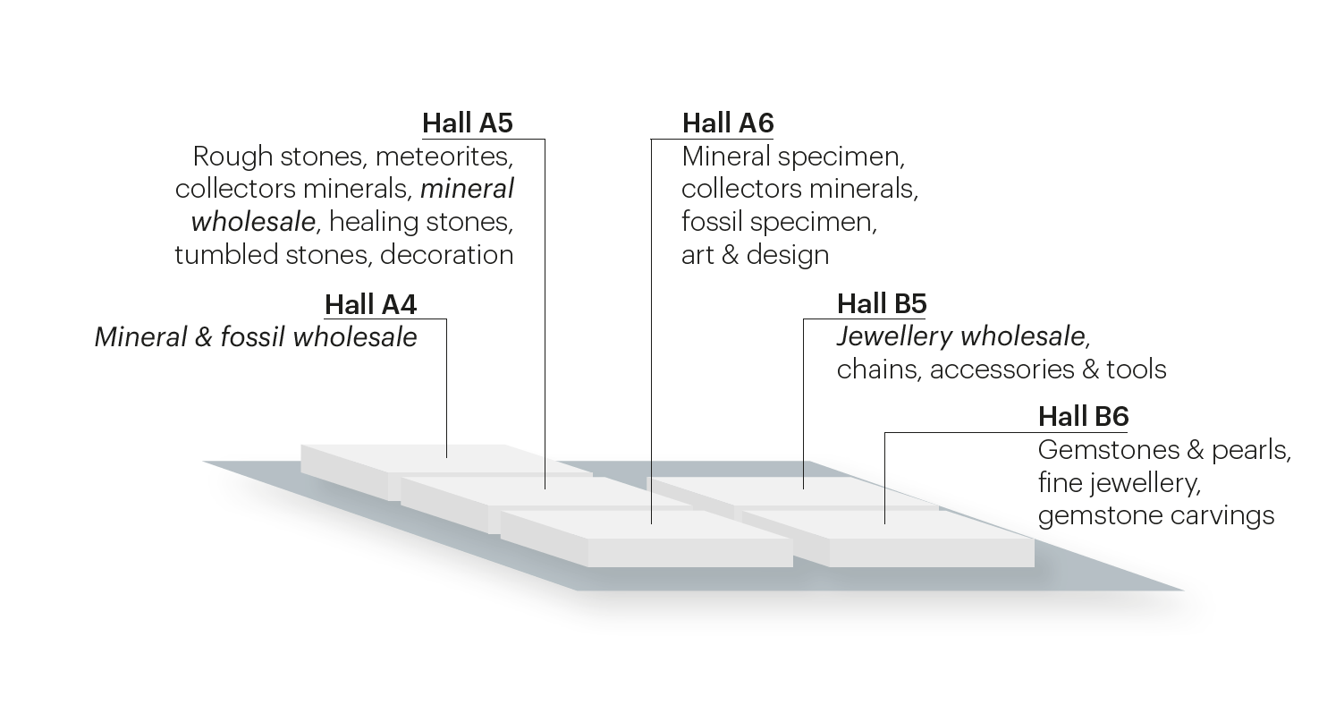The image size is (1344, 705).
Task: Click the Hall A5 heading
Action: pyautogui.click(x=467, y=123)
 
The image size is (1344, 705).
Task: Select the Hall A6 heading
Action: pyautogui.click(x=727, y=123)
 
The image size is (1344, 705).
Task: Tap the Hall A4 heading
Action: pyautogui.click(x=370, y=304)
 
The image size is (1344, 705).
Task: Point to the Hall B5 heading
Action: pyautogui.click(x=881, y=304)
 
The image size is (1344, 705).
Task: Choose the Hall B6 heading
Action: pyautogui.click(x=1083, y=417)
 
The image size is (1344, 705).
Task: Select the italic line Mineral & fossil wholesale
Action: pyautogui.click(x=256, y=337)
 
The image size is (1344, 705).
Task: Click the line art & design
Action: pyautogui.click(x=755, y=255)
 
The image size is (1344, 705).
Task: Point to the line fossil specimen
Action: pyautogui.click(x=778, y=222)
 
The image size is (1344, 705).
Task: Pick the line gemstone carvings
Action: pyautogui.click(x=1155, y=516)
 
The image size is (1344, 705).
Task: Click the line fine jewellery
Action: pyautogui.click(x=1118, y=483)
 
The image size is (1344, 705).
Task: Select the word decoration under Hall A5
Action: pyautogui.click(x=446, y=255)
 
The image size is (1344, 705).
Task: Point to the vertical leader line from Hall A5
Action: pyautogui.click(x=545, y=313)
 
